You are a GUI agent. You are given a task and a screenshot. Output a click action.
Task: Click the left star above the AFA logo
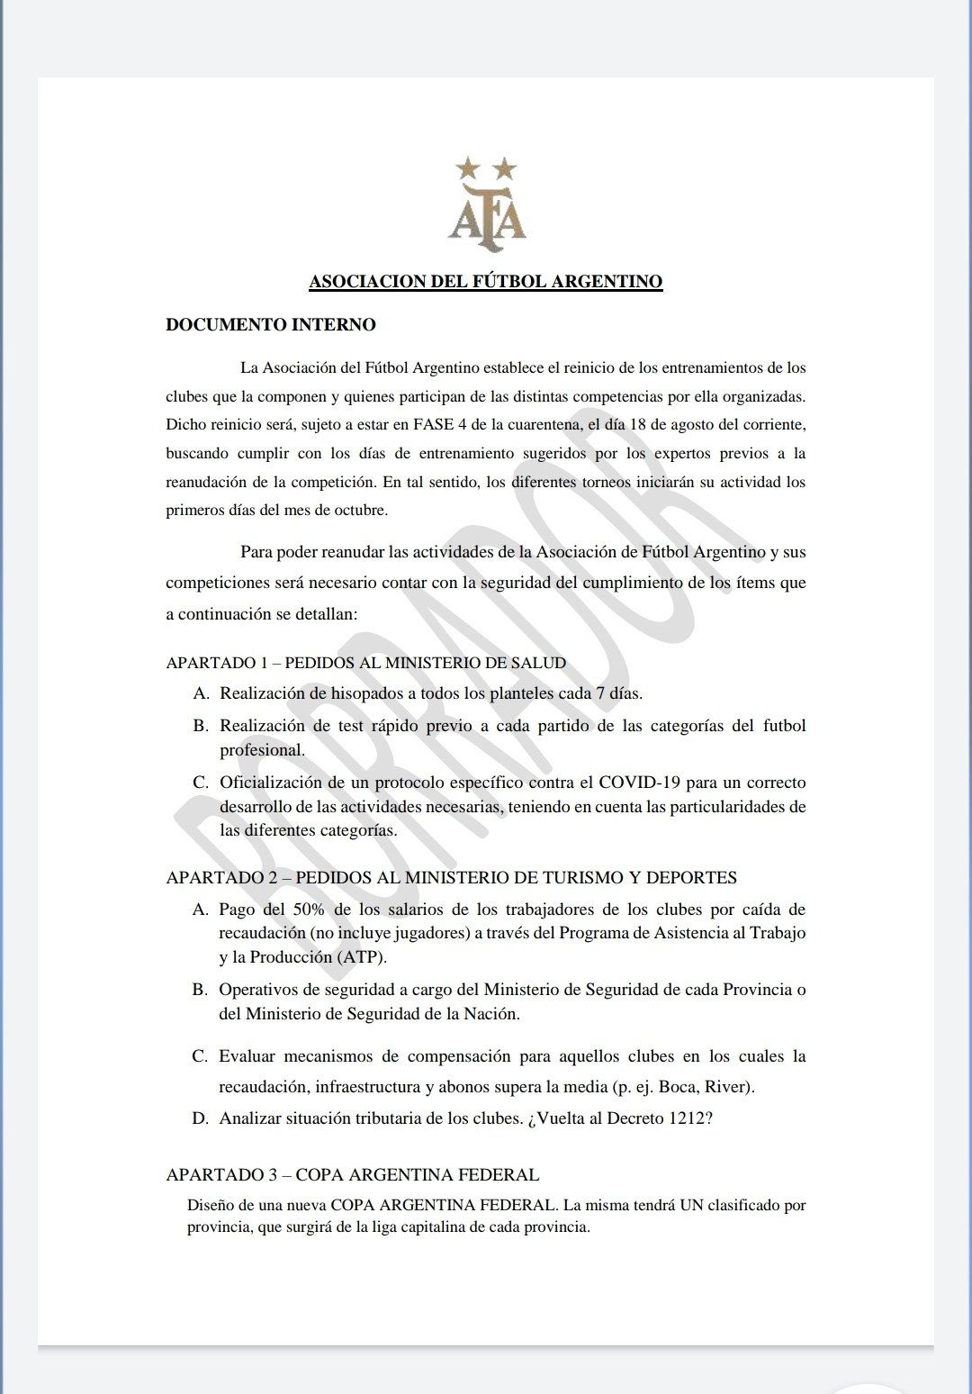(x=467, y=167)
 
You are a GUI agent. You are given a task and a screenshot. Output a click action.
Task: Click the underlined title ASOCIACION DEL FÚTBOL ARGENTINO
(x=486, y=282)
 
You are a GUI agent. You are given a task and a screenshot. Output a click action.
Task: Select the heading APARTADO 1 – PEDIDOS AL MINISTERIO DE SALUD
(x=366, y=663)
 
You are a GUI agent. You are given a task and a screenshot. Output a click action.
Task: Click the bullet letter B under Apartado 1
(x=201, y=726)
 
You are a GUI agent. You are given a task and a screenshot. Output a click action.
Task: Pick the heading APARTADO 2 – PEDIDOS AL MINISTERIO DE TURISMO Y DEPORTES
(x=452, y=878)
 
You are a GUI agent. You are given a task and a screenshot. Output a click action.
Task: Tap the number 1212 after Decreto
(x=686, y=1118)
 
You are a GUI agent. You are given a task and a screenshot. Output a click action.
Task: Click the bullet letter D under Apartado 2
(x=201, y=1118)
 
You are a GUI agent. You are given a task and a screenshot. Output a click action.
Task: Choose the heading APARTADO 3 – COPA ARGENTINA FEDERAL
(x=353, y=1175)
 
